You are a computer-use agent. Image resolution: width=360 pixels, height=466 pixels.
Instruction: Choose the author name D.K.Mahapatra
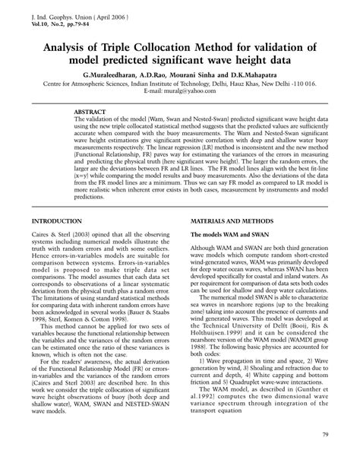point(248,78)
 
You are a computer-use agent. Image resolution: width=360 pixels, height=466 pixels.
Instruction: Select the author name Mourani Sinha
point(190,78)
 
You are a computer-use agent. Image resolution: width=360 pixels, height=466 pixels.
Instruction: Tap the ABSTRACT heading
point(90,112)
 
